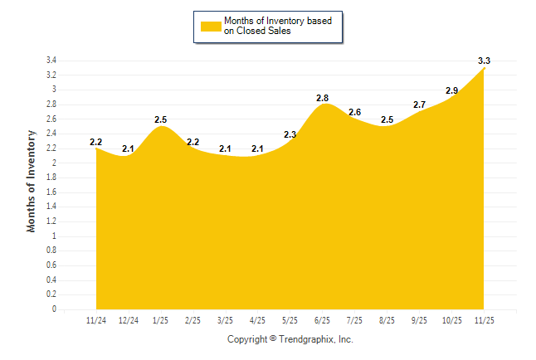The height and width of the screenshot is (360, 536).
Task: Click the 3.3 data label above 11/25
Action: point(485,61)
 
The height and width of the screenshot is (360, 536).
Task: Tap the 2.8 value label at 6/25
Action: point(323,98)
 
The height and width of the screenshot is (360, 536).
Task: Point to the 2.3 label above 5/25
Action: point(290,134)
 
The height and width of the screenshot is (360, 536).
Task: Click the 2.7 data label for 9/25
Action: point(420,105)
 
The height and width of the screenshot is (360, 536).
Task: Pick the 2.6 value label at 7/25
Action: point(355,112)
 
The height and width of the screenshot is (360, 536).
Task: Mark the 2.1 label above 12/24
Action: point(129,149)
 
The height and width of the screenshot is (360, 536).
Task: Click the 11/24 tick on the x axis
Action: point(96,320)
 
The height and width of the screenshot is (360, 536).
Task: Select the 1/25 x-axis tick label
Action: point(161,320)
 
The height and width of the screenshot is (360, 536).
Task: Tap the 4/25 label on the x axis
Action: point(258,320)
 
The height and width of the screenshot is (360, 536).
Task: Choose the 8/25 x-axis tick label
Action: point(387,320)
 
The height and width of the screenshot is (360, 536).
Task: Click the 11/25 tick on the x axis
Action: point(484,320)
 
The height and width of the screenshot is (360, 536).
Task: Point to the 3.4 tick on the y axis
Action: point(51,61)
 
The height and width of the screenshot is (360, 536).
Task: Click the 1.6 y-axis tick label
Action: point(51,192)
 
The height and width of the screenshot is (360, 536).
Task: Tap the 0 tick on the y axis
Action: point(54,309)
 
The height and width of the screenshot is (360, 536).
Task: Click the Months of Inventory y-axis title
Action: point(32,180)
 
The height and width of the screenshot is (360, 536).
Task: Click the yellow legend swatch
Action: point(210,26)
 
